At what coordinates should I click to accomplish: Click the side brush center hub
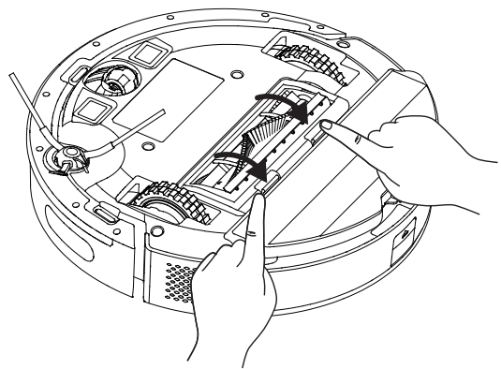[66, 158]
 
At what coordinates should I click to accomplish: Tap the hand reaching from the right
[412, 145]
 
